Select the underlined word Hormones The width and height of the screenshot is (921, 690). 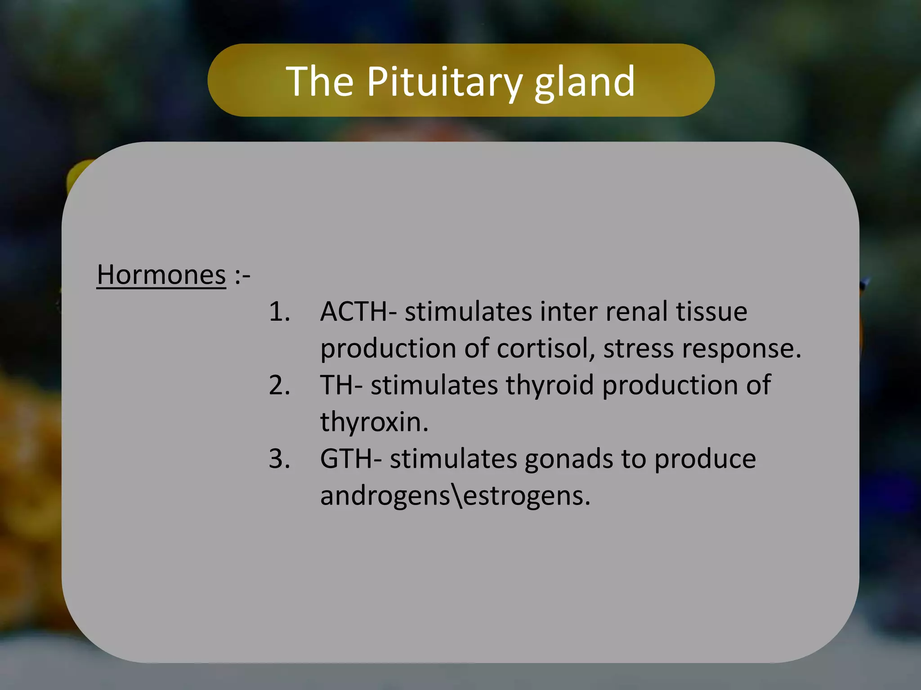[161, 274]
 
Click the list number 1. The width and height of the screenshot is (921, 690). [279, 311]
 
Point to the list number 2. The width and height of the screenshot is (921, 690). [279, 385]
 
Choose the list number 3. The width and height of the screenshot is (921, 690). [279, 459]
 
